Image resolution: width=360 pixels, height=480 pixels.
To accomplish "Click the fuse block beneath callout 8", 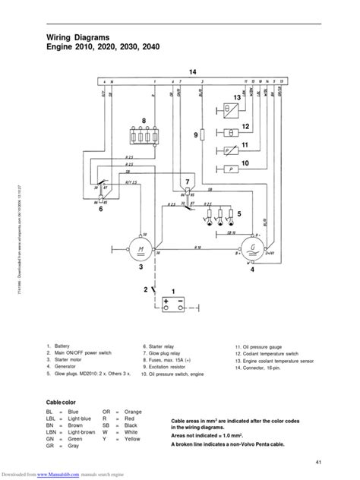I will click(x=137, y=138).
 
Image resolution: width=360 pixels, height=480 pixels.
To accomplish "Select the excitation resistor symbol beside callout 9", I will click(x=203, y=134).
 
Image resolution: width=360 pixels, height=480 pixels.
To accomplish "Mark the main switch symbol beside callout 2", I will click(x=154, y=290).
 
